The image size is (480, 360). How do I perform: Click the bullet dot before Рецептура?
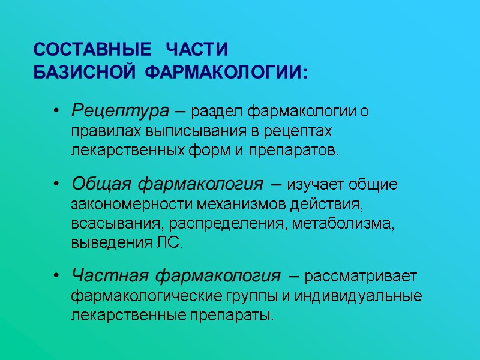(x=56, y=112)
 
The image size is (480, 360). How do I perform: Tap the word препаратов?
(x=301, y=150)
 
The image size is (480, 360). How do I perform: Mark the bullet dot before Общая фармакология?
(x=56, y=184)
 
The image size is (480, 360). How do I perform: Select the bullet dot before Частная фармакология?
(x=56, y=277)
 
